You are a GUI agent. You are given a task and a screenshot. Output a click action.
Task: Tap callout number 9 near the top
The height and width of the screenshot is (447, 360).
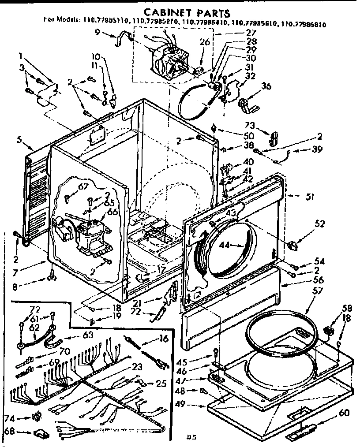[97, 31]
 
